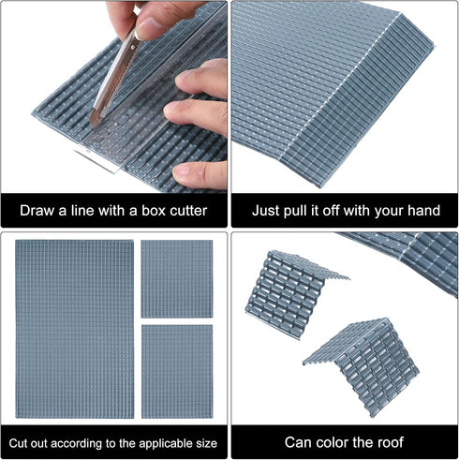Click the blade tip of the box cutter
pos(93,126)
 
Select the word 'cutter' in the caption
pos(188,211)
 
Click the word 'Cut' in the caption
pos(18,443)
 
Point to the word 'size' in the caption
pos(205,443)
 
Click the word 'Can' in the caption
pos(298,442)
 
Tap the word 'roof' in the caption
pos(390,442)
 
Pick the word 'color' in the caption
pos(332,442)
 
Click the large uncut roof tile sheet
pos(75,329)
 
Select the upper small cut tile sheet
pos(177,279)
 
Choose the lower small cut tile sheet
pos(177,372)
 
